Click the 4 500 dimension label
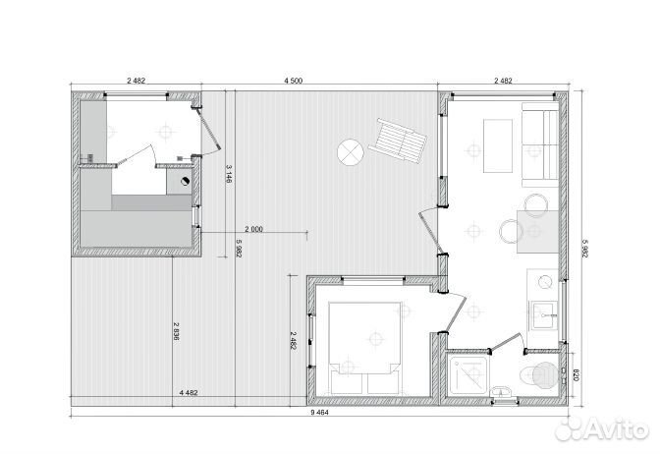click(293, 81)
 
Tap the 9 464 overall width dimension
click(319, 413)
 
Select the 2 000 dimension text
click(253, 230)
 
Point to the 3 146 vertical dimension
click(230, 174)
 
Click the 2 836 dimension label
click(177, 331)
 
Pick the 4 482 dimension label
click(189, 393)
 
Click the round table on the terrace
click(351, 152)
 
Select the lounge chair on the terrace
click(398, 141)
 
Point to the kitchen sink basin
click(543, 314)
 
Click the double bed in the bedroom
click(364, 348)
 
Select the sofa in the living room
click(540, 144)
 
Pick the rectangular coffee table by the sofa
click(498, 145)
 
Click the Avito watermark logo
click(602, 429)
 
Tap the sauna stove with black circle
click(180, 182)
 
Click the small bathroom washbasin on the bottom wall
click(502, 392)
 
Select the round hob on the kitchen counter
click(545, 282)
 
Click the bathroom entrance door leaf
click(506, 342)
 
